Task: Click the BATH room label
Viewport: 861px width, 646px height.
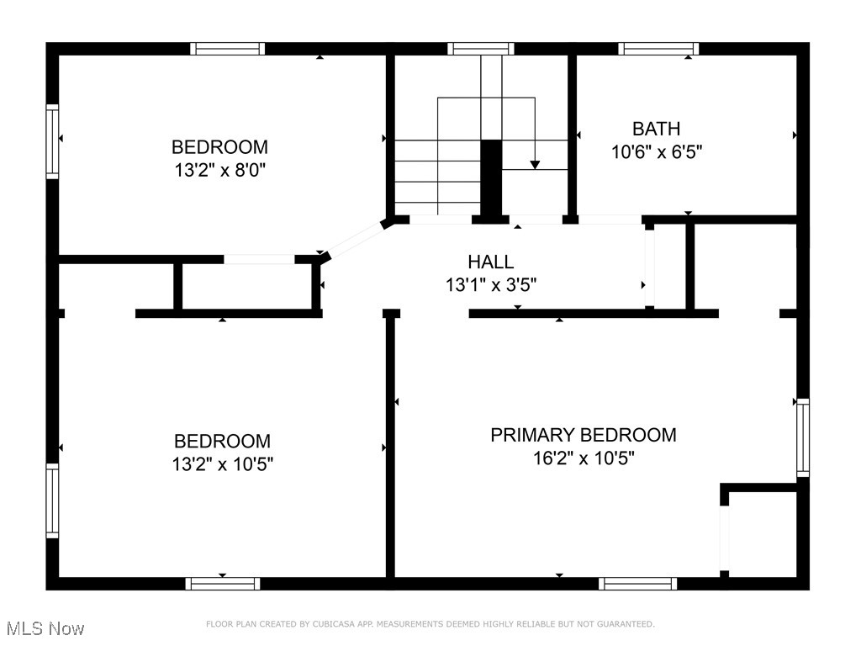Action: click(656, 129)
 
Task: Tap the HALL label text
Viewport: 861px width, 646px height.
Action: click(490, 262)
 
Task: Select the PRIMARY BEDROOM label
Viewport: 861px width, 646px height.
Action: click(583, 435)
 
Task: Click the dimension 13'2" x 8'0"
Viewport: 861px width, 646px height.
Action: click(219, 170)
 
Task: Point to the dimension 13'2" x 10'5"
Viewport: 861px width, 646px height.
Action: click(222, 463)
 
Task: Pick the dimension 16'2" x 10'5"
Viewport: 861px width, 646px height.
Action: click(583, 458)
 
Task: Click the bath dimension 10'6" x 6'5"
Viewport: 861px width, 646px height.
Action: click(656, 152)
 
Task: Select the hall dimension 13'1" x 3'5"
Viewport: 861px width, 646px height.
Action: click(490, 285)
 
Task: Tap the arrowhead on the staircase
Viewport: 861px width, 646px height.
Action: click(534, 163)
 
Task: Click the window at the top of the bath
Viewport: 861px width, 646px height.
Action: click(658, 49)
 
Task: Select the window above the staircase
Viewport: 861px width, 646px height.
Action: click(480, 49)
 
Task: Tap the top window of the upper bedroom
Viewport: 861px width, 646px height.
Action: click(227, 49)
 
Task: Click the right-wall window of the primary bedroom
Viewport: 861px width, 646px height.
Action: click(803, 437)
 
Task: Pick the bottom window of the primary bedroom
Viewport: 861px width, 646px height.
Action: click(637, 583)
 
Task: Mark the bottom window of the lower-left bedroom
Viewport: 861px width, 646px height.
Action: click(223, 583)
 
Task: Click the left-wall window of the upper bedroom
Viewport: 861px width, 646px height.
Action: click(52, 141)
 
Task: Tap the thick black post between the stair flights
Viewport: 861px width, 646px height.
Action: click(490, 179)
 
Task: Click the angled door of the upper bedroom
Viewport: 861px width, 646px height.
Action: click(352, 240)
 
